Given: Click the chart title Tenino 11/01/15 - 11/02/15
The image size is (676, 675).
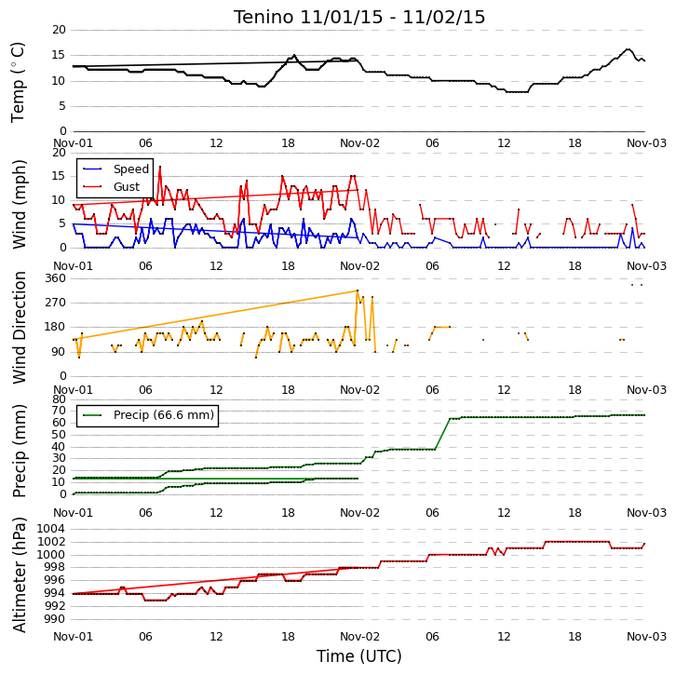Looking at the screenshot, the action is pyautogui.click(x=359, y=18).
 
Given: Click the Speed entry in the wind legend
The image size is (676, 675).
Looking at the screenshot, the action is pyautogui.click(x=115, y=169).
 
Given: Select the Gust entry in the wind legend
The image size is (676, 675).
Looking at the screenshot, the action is pyautogui.click(x=111, y=186).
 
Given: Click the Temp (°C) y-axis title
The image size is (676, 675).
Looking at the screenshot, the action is pyautogui.click(x=18, y=82).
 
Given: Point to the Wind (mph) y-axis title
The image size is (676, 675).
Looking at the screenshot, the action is pyautogui.click(x=19, y=204).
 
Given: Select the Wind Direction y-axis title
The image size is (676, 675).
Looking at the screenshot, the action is pyautogui.click(x=19, y=327).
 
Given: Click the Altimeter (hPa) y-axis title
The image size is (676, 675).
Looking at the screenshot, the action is pyautogui.click(x=19, y=575).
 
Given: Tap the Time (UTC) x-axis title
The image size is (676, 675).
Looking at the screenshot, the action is pyautogui.click(x=359, y=656).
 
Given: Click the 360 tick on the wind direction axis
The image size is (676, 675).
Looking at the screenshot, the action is pyautogui.click(x=56, y=278).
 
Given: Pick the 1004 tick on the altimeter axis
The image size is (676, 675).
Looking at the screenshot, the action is pyautogui.click(x=51, y=529).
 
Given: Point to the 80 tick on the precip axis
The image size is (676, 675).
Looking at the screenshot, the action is pyautogui.click(x=59, y=399).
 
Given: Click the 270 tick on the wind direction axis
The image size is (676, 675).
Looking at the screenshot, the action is pyautogui.click(x=56, y=303).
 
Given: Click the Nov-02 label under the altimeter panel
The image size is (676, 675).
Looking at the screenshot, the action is pyautogui.click(x=359, y=637).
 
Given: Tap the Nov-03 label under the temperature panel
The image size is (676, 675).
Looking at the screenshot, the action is pyautogui.click(x=646, y=143).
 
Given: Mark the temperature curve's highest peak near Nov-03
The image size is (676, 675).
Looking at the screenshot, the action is pyautogui.click(x=628, y=49).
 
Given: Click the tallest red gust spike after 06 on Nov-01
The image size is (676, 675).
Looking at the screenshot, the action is pyautogui.click(x=160, y=167).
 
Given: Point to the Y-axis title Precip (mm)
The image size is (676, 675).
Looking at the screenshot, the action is pyautogui.click(x=19, y=451).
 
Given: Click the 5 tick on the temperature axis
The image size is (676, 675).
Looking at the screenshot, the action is pyautogui.click(x=62, y=106).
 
